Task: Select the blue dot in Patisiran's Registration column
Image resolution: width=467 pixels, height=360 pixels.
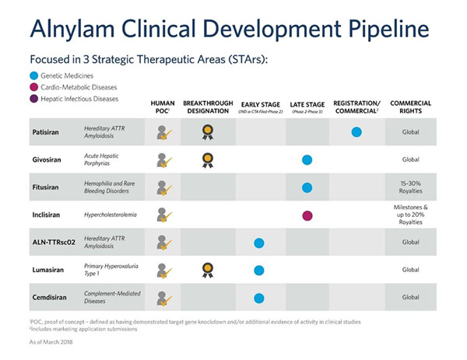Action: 356,131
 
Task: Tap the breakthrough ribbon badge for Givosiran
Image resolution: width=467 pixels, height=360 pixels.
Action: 208,160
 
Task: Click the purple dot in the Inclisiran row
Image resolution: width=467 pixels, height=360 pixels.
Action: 307,215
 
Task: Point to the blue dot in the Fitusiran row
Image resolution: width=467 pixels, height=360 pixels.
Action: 307,187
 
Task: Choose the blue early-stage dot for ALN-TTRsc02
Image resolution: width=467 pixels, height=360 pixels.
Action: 258,243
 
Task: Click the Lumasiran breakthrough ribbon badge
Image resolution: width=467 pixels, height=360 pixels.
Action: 208,270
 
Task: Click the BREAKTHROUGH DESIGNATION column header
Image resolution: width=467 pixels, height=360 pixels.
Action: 208,107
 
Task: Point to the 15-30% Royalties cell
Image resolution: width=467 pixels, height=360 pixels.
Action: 410,187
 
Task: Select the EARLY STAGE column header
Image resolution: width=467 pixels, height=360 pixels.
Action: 259,107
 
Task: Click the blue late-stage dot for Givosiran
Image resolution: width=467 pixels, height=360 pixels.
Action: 307,160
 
